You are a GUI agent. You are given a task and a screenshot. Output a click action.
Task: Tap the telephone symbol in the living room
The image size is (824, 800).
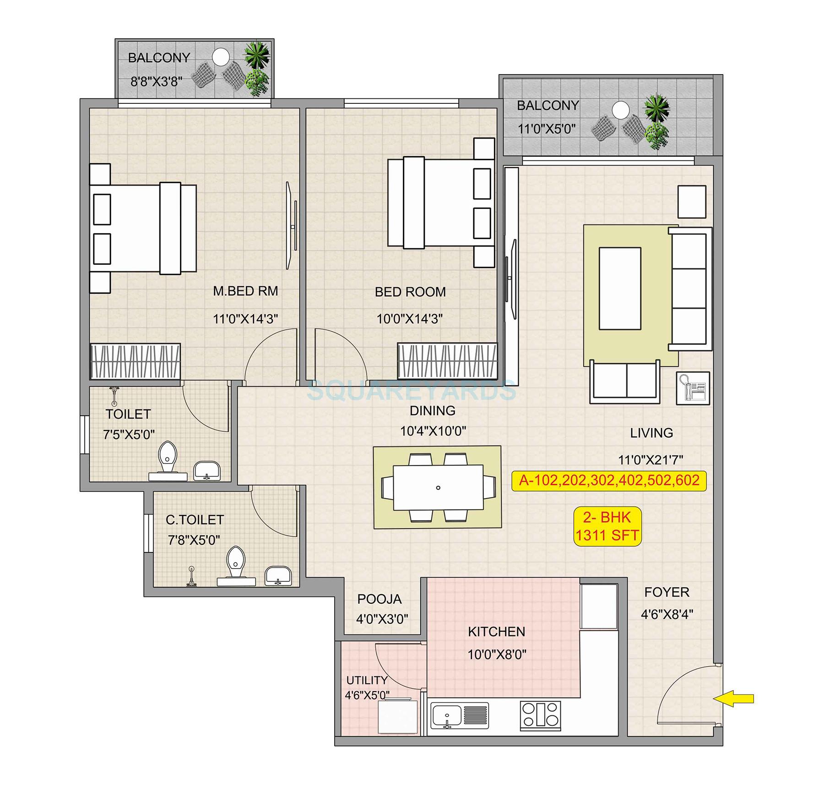click(x=693, y=388)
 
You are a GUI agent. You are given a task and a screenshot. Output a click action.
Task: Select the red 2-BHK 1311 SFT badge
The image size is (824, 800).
click(x=607, y=526)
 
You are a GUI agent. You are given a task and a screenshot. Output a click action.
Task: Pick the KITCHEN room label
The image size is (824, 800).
click(x=496, y=632)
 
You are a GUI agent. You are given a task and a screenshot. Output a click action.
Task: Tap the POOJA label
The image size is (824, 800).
click(x=379, y=599)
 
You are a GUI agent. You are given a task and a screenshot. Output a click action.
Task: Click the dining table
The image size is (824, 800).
click(x=438, y=487)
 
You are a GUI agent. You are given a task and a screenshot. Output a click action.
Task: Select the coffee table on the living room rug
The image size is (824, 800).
click(x=620, y=288)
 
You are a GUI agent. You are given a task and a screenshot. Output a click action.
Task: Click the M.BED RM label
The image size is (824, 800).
click(x=245, y=291)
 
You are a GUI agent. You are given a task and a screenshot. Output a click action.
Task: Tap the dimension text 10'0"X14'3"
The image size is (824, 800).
click(x=409, y=319)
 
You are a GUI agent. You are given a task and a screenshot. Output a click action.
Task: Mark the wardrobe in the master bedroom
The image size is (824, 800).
click(x=136, y=361)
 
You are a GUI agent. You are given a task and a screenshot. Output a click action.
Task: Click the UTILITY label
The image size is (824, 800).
click(x=367, y=680)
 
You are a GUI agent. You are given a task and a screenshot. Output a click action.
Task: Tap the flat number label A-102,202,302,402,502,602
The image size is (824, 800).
click(x=609, y=481)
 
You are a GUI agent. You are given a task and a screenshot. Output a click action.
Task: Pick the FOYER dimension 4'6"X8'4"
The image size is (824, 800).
click(x=667, y=614)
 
